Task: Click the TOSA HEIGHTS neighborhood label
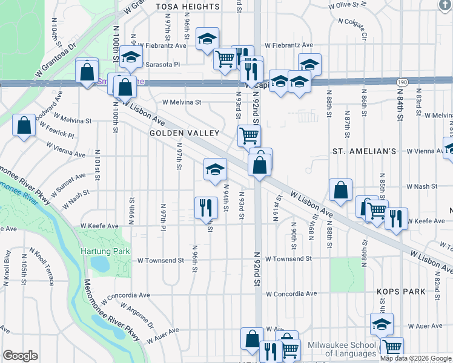(x=188, y=7)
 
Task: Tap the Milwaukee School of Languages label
(x=342, y=349)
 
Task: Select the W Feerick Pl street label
(x=57, y=131)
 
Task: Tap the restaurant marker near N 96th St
(x=206, y=208)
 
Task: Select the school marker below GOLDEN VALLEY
(x=215, y=169)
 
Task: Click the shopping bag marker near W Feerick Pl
(x=24, y=126)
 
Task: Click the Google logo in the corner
(x=20, y=356)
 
